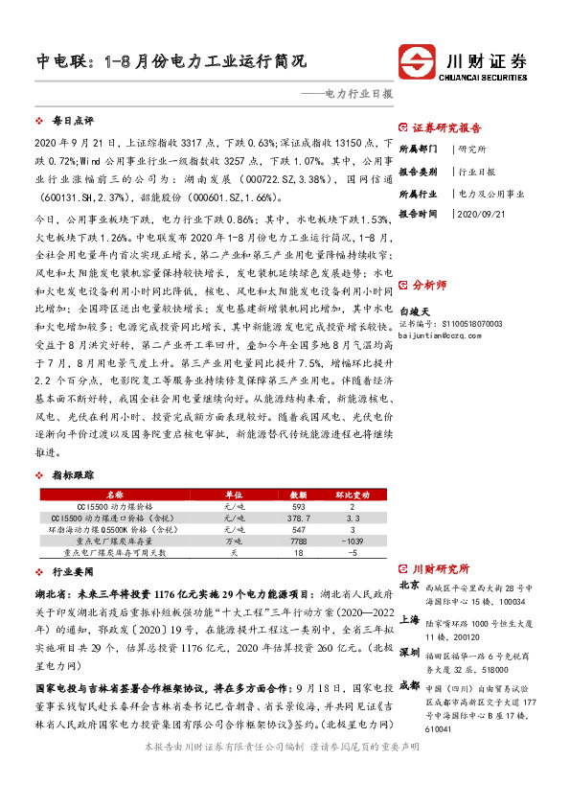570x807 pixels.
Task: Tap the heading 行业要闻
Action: [x=74, y=569]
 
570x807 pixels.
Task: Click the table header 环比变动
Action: [x=352, y=494]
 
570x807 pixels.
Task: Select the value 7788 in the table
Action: [x=298, y=541]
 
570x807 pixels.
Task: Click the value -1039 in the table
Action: [x=352, y=541]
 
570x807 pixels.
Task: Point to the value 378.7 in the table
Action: [x=298, y=518]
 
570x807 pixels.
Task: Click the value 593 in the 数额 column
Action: [x=298, y=506]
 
